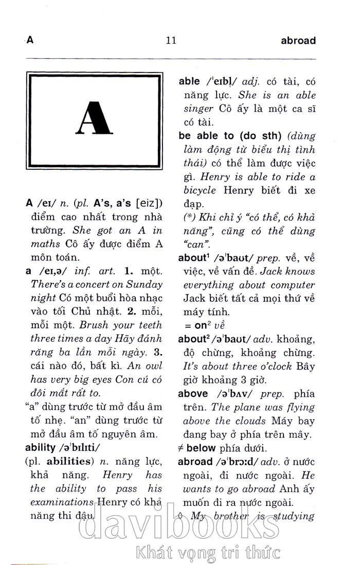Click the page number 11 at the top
click(x=171, y=41)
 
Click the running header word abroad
click(x=298, y=41)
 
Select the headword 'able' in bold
click(x=189, y=81)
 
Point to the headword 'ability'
click(x=40, y=447)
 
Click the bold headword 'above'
click(x=193, y=394)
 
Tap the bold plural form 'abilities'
click(x=71, y=461)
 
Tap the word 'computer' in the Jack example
click(x=294, y=285)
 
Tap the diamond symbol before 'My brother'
click(x=180, y=516)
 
